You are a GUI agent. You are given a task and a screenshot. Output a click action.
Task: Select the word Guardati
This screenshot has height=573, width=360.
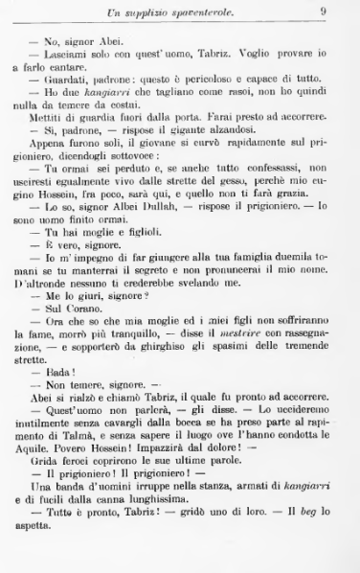tap(75, 81)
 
